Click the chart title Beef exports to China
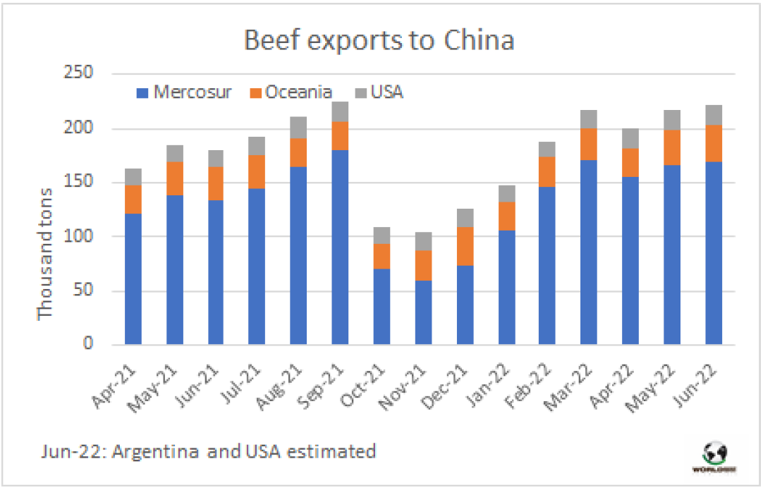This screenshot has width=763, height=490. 379,40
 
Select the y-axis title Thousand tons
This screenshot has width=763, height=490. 46,254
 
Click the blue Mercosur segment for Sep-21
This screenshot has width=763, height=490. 341,247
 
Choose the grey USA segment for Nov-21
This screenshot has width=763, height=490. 424,241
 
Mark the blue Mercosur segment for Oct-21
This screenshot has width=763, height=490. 382,307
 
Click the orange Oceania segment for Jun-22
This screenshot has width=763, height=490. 714,143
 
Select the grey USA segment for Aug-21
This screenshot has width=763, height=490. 299,127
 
